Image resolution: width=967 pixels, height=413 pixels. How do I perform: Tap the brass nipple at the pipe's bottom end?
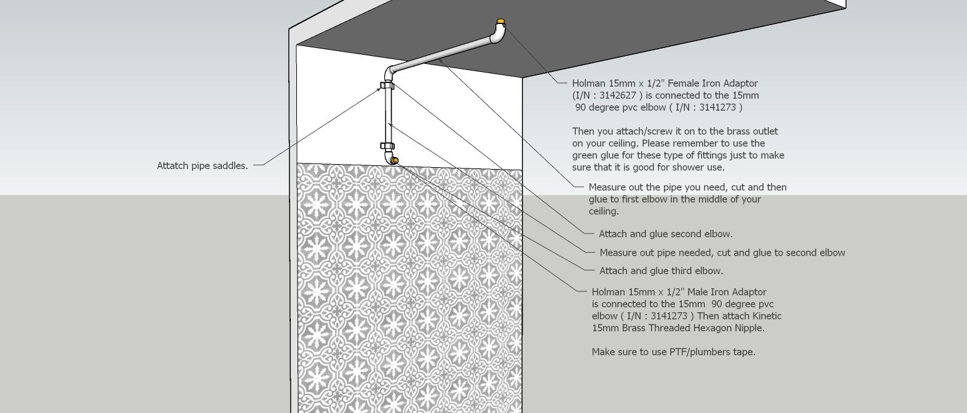click(395, 161)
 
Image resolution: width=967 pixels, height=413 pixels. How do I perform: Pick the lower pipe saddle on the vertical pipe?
click(387, 146)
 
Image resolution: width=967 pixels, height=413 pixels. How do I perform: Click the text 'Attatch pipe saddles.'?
click(202, 165)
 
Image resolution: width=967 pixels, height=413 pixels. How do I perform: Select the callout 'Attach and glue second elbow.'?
click(665, 234)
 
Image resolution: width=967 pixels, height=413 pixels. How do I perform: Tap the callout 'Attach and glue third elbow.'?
click(661, 270)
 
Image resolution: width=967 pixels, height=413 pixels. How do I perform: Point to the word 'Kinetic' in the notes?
click(764, 316)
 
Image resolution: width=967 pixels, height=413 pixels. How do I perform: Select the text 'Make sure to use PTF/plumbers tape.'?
click(673, 352)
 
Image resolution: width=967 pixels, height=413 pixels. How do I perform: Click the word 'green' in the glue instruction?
click(585, 155)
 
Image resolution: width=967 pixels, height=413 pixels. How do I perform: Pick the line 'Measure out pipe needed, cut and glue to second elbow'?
click(722, 253)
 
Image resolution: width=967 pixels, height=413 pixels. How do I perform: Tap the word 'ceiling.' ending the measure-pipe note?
click(604, 211)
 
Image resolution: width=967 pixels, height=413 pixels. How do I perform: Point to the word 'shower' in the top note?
click(689, 167)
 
